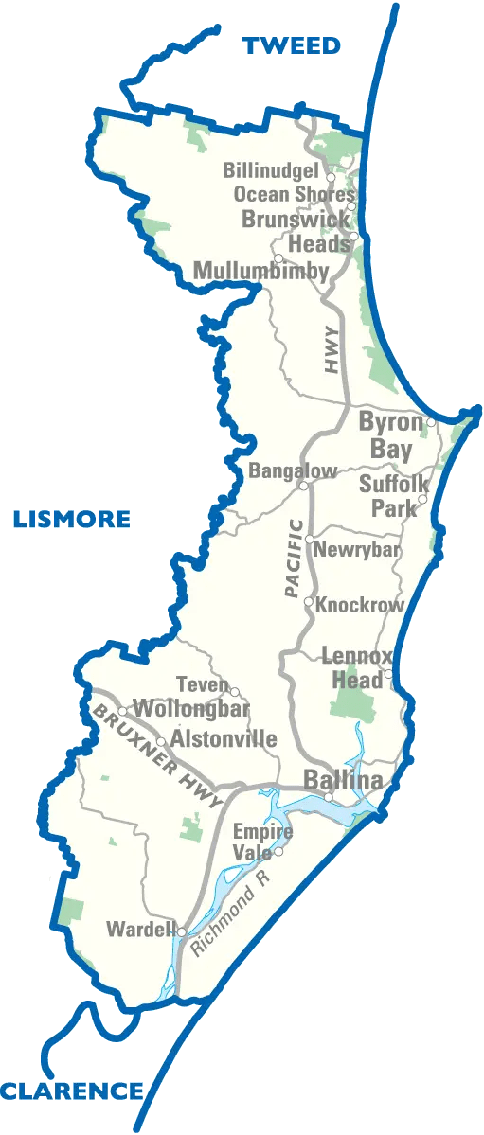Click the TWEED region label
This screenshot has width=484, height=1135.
pos(292,45)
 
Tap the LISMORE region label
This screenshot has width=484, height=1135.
pos(72,519)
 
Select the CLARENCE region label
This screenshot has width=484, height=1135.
pos(72,1091)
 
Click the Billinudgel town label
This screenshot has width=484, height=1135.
pos(273,171)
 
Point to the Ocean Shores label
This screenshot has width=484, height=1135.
pos(294,194)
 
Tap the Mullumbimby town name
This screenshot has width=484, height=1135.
pos(260,272)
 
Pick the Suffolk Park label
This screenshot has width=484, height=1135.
pos(388,497)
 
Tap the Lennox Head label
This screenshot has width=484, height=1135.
pos(351,667)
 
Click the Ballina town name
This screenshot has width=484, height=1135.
pos(343,781)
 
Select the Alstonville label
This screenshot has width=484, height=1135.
pos(224,738)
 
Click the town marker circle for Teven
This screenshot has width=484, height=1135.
pos(235,692)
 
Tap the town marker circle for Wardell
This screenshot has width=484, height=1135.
pos(181,931)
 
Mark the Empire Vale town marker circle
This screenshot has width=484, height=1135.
pos(278,851)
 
